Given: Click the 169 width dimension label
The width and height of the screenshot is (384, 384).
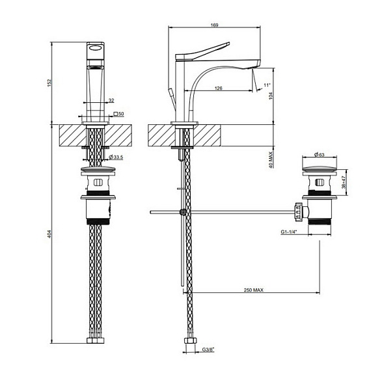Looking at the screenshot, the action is [214, 25].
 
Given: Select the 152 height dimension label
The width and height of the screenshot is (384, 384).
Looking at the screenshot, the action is [49, 83].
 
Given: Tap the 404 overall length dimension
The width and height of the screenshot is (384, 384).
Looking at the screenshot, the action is [49, 234].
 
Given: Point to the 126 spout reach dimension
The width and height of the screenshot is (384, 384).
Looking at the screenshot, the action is [218, 88].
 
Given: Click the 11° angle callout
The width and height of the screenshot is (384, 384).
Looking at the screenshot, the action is [267, 85].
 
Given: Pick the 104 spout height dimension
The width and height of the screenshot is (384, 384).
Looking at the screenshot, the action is [270, 96].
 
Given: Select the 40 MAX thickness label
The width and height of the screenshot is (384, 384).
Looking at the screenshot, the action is [270, 160].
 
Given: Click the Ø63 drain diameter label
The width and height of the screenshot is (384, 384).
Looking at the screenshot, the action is [319, 154].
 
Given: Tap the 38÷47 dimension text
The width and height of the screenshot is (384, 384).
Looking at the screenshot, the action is [344, 182].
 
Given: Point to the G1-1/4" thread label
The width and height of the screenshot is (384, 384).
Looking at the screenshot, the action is [289, 232].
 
